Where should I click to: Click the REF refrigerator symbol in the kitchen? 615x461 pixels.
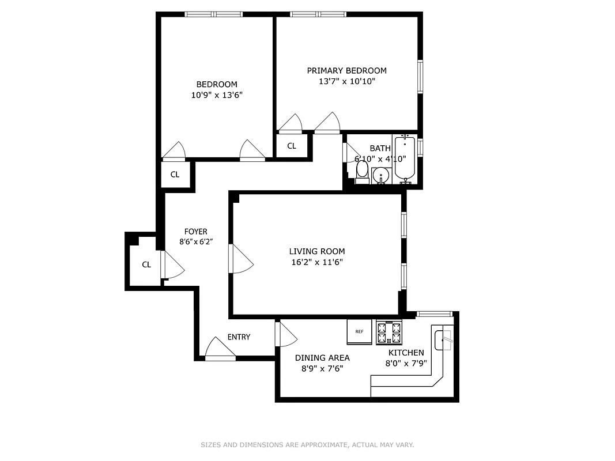360,332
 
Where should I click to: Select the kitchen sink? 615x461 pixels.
444,339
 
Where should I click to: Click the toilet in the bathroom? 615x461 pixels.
362,171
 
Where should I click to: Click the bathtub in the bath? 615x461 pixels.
405,158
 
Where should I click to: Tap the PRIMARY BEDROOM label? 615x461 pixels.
346,70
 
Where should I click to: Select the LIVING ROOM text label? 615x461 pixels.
316,251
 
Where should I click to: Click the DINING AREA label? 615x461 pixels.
322,357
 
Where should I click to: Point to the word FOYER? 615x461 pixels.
195,232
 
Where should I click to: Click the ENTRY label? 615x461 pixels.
239,337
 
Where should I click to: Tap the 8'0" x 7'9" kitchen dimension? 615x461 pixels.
405,364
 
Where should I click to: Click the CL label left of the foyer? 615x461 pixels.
146,264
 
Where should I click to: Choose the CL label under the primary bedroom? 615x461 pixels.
292,146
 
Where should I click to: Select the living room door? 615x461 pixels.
241,259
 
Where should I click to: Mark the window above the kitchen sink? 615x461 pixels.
434,314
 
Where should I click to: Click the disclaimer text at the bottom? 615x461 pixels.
307,445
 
